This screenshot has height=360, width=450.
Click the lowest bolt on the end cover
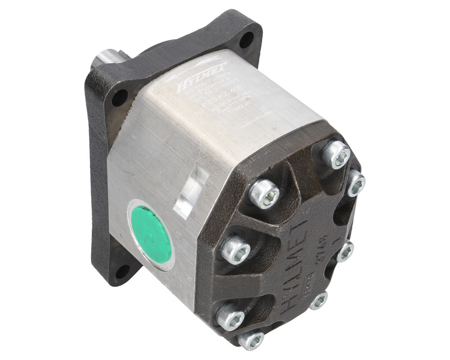tap(251, 339)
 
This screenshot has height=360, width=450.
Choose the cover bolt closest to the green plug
tap(236, 248)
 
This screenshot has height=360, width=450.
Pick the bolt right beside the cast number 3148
tap(345, 252)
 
